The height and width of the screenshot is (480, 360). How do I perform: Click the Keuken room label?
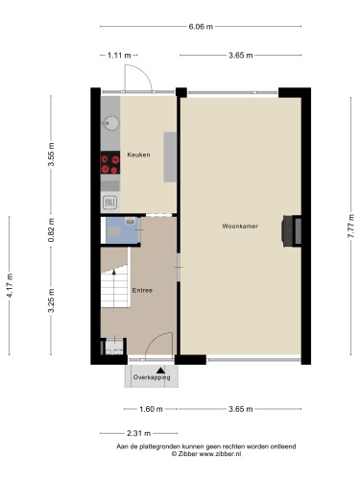(138, 155)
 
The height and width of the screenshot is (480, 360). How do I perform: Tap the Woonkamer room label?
(240, 227)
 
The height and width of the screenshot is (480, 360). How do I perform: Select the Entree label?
(142, 291)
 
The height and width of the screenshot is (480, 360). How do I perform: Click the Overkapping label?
(152, 377)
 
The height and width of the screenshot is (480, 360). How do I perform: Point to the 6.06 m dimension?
(201, 27)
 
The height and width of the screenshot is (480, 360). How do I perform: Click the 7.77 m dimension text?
(351, 226)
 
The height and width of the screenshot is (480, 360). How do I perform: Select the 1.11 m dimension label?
(119, 56)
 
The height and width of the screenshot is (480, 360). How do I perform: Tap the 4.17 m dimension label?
(10, 285)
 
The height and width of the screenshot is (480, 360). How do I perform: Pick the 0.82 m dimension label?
(51, 229)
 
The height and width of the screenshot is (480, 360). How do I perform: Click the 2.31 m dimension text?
(138, 433)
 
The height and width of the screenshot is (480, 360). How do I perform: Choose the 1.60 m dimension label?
(151, 409)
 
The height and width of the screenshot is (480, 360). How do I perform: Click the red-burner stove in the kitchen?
(110, 162)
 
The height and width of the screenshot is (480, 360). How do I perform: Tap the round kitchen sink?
(111, 123)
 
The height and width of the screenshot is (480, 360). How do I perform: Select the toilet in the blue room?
(112, 231)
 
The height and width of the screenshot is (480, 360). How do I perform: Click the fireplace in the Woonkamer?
(291, 231)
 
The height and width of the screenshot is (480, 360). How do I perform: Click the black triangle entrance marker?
(160, 371)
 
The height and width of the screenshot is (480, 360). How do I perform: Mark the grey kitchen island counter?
(170, 157)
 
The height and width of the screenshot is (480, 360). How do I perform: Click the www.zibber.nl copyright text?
(206, 454)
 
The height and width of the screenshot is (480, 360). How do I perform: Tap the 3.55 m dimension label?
(51, 155)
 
